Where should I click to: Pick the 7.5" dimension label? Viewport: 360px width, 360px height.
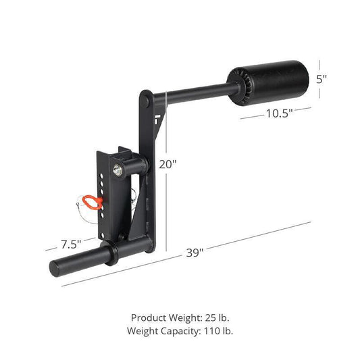click(70, 243)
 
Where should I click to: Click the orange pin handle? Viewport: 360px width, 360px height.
click(91, 201)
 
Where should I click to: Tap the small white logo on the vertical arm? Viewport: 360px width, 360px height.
click(156, 122)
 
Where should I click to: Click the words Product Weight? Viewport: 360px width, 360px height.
click(163, 317)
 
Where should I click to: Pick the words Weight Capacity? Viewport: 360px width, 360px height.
click(160, 331)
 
